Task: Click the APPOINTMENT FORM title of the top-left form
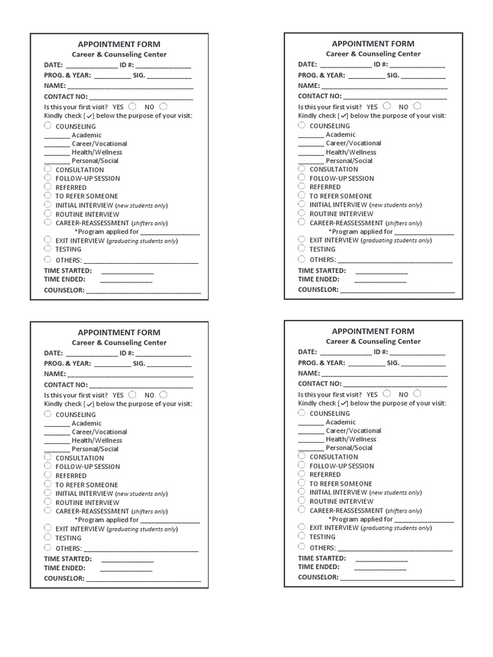pos(119,44)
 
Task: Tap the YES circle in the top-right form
pos(386,106)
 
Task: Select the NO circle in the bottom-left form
pos(163,395)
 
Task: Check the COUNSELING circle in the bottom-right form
pos(302,413)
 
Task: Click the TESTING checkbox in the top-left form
pos(48,248)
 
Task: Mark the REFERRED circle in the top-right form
pos(302,186)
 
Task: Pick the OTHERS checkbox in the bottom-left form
pos(48,548)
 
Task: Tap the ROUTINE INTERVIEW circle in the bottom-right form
pos(302,500)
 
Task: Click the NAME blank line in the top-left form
pos(130,87)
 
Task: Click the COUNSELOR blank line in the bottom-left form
pos(143,581)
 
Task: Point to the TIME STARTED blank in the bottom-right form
pos(381,561)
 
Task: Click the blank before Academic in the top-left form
pos(56,137)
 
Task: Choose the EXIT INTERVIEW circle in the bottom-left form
pos(48,529)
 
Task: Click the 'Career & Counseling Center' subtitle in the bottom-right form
pos(373,342)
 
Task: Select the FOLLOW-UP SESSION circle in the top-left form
pos(48,178)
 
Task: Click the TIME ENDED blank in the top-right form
pos(381,282)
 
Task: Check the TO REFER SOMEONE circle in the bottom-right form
pos(302,483)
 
